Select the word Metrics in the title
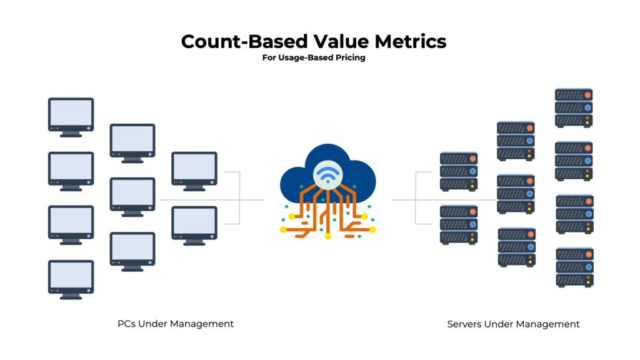[x=411, y=42]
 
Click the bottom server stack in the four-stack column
[x=574, y=267]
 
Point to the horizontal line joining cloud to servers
[x=437, y=200]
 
